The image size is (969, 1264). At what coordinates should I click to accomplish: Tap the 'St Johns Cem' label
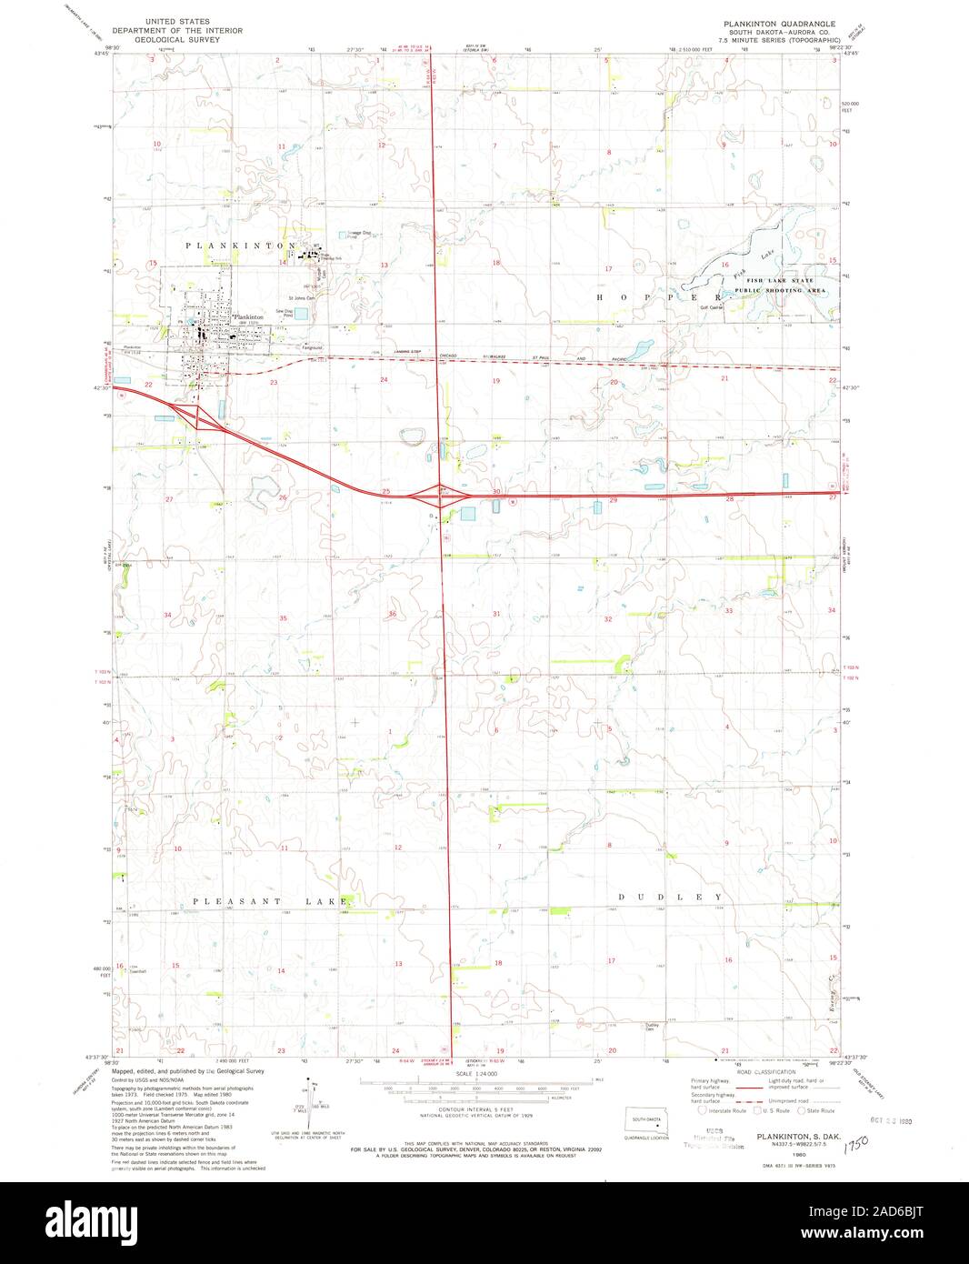pyautogui.click(x=301, y=297)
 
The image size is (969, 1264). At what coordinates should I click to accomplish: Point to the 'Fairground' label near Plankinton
pyautogui.click(x=315, y=346)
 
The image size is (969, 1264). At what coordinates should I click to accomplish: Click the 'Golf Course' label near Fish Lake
pyautogui.click(x=710, y=307)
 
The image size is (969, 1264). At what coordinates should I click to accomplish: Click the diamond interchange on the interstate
pyautogui.click(x=440, y=496)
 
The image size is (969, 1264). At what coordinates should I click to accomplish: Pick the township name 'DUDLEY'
pyautogui.click(x=671, y=898)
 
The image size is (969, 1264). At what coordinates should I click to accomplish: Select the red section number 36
pyautogui.click(x=393, y=615)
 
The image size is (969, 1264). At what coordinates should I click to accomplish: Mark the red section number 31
pyautogui.click(x=496, y=615)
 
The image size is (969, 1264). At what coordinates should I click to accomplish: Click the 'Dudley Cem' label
pyautogui.click(x=651, y=1028)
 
